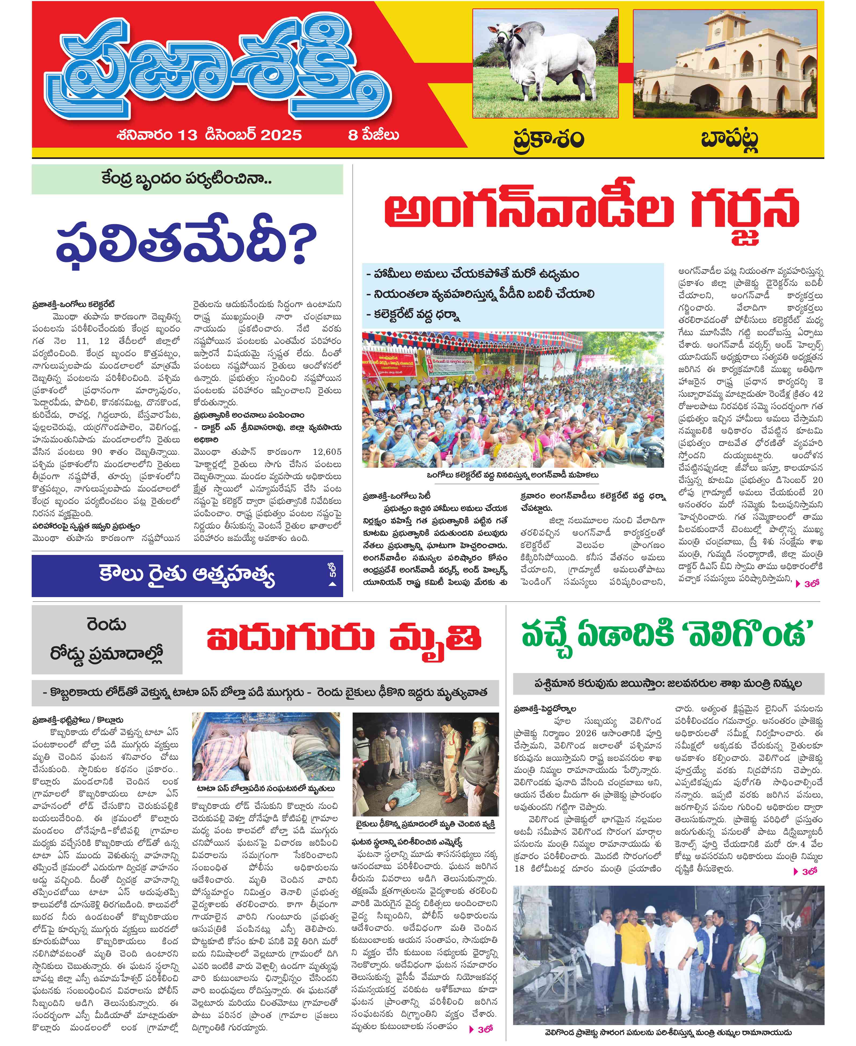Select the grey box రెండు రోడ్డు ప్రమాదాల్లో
[x=107, y=639]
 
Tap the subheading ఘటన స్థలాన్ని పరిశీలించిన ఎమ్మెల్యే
[x=407, y=842]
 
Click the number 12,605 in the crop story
[x=327, y=452]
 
